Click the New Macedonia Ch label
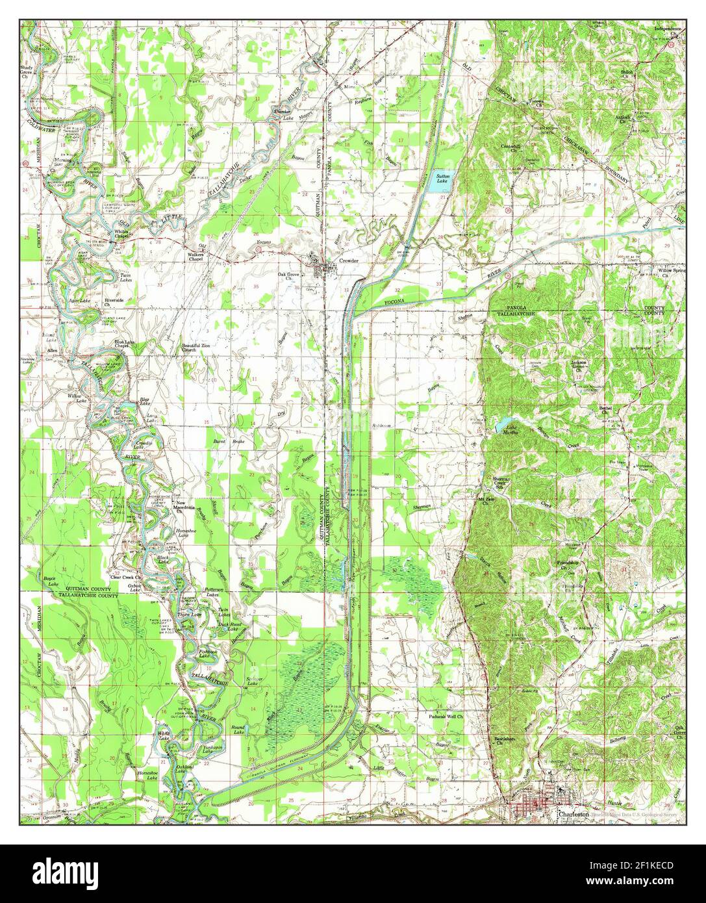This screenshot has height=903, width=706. pyautogui.click(x=183, y=507)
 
